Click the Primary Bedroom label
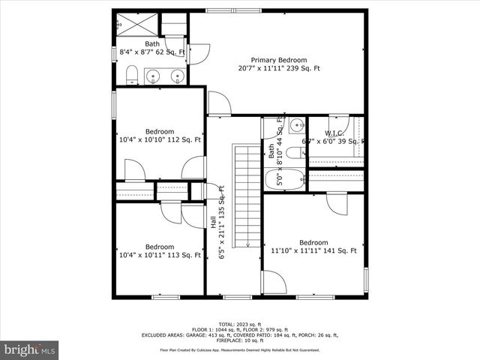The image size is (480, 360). (x=279, y=60)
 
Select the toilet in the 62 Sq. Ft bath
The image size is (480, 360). (x=131, y=73)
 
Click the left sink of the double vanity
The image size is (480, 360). (x=153, y=76)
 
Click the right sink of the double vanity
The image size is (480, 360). (x=178, y=76)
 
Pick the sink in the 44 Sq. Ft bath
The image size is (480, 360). (x=296, y=125)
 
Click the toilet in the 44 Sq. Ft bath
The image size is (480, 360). (x=295, y=153)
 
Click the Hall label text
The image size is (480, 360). (x=213, y=223)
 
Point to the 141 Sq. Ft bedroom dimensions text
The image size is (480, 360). (x=313, y=251)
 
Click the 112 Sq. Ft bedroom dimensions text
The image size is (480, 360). (x=160, y=139)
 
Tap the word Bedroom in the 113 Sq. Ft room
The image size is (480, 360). (x=160, y=247)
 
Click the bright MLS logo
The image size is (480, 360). (x=30, y=349)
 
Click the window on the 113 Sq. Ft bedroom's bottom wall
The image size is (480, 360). (x=166, y=297)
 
